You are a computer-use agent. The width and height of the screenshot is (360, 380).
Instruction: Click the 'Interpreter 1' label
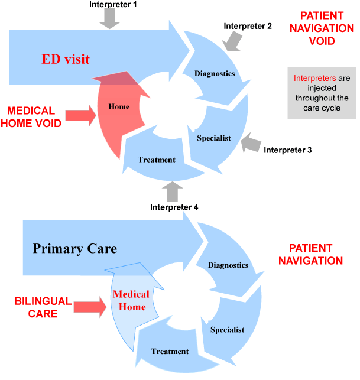pyautogui.click(x=113, y=4)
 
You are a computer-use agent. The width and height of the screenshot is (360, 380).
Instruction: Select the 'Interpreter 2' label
pyautogui.click(x=248, y=26)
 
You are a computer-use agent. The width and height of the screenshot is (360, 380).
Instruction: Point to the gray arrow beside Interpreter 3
pyautogui.click(x=252, y=142)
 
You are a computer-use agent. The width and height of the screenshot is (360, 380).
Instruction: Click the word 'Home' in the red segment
pyautogui.click(x=119, y=106)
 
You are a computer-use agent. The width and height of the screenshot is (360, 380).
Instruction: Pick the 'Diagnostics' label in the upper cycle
pyautogui.click(x=215, y=74)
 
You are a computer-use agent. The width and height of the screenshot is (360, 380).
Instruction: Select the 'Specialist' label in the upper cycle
pyautogui.click(x=213, y=138)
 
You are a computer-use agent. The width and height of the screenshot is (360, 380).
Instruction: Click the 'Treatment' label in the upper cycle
pyautogui.click(x=157, y=160)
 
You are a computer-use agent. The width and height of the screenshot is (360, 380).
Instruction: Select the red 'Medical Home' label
pyautogui.click(x=130, y=300)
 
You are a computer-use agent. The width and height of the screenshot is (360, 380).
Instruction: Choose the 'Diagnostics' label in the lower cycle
pyautogui.click(x=228, y=265)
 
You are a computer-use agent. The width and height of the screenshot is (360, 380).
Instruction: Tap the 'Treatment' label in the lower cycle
pyautogui.click(x=170, y=352)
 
